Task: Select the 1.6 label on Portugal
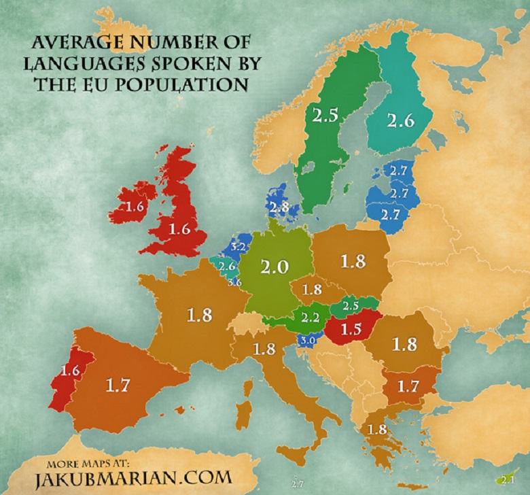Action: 71,371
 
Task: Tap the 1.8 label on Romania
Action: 404,344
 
